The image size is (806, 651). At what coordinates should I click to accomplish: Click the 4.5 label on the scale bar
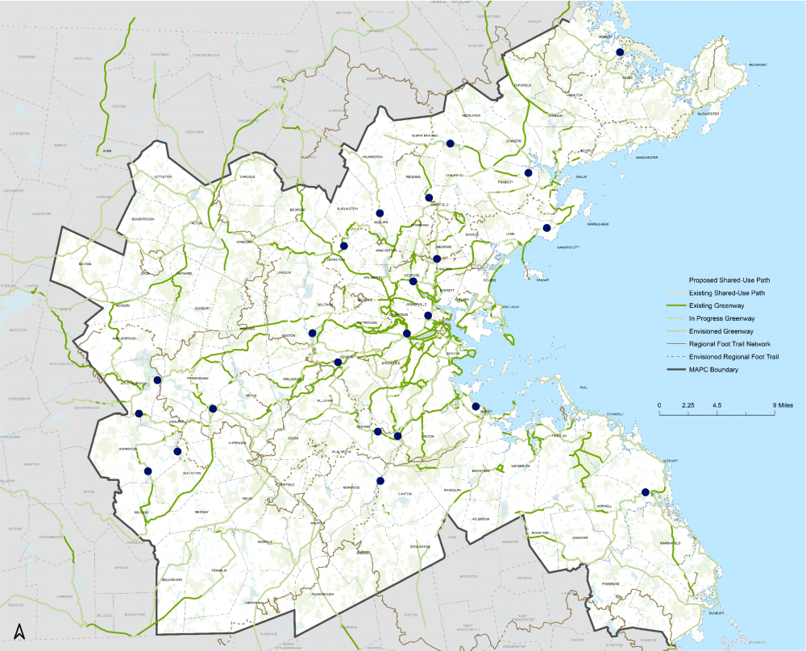click(x=717, y=404)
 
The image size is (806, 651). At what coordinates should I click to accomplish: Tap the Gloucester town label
click(x=707, y=114)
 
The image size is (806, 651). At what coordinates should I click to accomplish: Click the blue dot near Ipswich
click(x=620, y=52)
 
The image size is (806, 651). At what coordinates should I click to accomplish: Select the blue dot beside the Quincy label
click(x=476, y=407)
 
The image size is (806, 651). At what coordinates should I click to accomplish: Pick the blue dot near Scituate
click(x=645, y=492)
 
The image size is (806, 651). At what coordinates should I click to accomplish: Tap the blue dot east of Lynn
click(x=546, y=228)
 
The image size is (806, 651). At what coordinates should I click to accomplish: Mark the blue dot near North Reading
click(x=450, y=143)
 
